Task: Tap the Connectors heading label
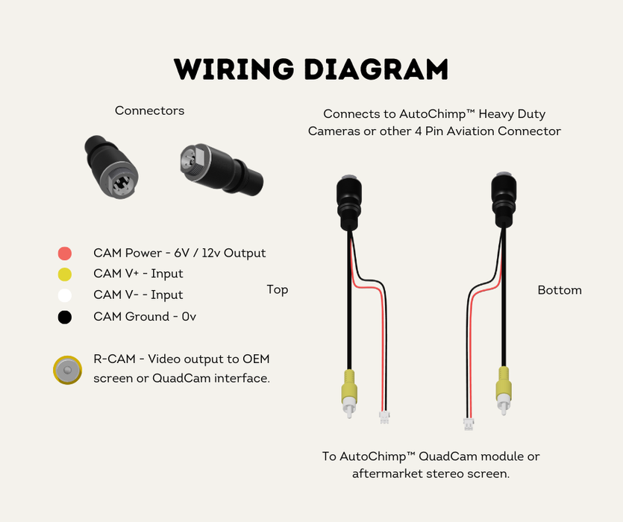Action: (149, 110)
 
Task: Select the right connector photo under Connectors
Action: (220, 168)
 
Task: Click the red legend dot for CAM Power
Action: (65, 253)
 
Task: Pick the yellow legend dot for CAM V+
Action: (65, 274)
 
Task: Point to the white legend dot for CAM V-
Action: (65, 295)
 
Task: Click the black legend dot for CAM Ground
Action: (65, 317)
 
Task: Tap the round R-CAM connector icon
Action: (68, 369)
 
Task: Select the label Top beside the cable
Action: (278, 289)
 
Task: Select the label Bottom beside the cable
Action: (560, 289)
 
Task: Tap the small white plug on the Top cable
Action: (384, 418)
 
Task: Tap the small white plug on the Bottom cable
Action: (469, 424)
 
